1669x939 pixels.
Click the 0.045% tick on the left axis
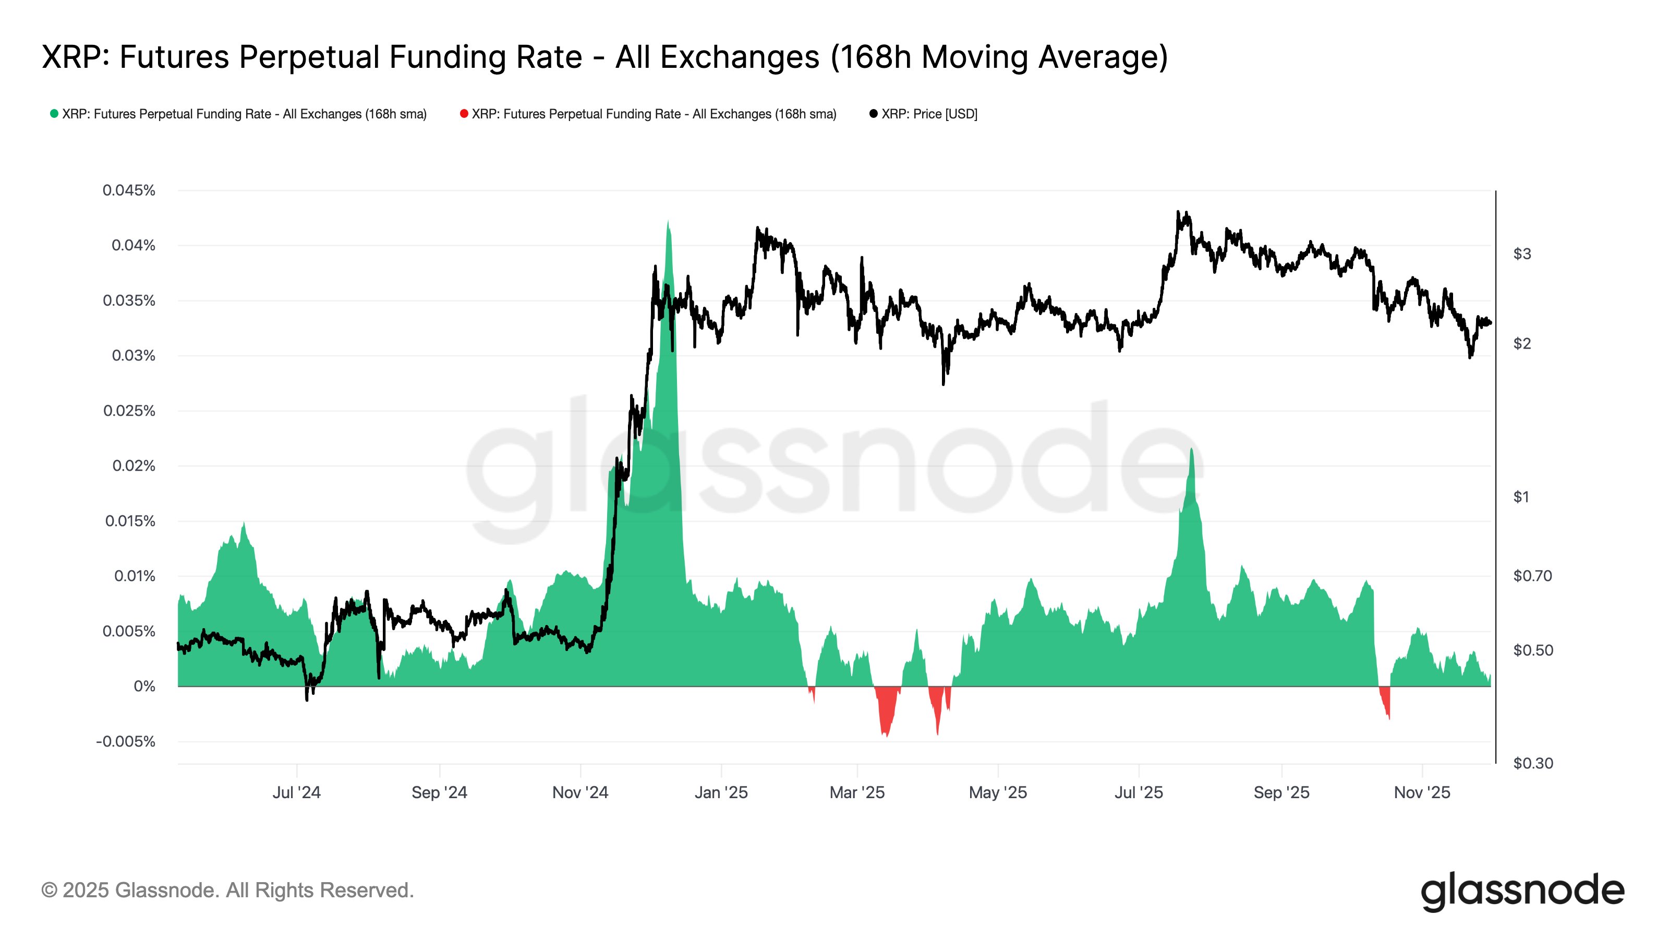click(129, 190)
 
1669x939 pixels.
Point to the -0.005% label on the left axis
click(126, 741)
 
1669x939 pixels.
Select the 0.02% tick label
click(134, 466)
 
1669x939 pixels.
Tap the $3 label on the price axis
click(1522, 254)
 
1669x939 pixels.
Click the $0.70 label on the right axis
click(1532, 575)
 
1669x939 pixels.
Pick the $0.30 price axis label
click(1532, 763)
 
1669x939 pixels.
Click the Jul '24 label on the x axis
click(296, 792)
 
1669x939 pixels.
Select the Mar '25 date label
click(856, 792)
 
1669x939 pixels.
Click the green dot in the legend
click(54, 114)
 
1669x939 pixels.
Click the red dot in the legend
click(464, 114)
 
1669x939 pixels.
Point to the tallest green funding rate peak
click(668, 224)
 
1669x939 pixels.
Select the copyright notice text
click(227, 890)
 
